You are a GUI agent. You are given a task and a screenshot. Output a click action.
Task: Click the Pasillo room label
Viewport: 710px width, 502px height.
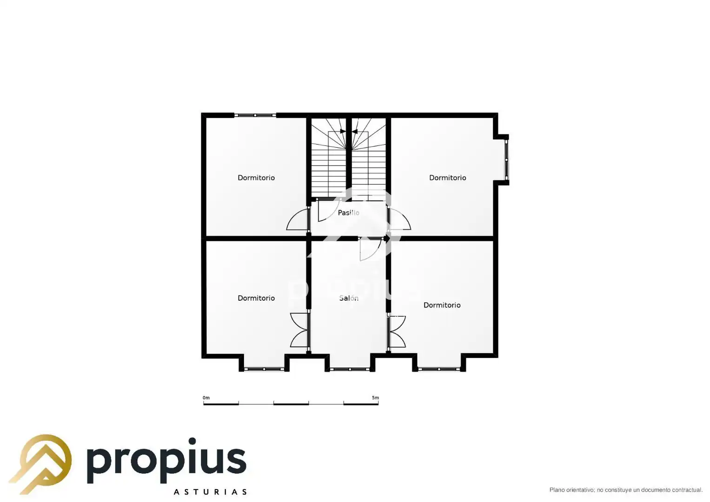point(348,213)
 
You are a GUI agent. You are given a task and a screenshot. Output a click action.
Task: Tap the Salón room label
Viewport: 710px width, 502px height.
point(349,298)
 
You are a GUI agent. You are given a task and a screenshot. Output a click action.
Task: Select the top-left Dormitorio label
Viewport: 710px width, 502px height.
point(256,178)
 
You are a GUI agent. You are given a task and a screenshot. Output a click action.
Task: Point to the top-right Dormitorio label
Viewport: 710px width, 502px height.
point(448,178)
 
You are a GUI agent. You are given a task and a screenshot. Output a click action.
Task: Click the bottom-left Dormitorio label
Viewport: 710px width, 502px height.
point(256,298)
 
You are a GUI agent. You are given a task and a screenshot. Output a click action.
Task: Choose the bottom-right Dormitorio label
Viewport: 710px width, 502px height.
point(442,305)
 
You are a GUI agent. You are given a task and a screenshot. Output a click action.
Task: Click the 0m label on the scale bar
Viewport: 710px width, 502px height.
point(206,398)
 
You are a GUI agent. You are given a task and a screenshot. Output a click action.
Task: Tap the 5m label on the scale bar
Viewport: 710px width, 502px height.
point(375,398)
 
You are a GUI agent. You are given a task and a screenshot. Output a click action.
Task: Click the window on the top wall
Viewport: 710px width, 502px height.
point(255,115)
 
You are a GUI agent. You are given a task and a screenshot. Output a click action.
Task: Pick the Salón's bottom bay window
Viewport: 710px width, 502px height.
point(350,369)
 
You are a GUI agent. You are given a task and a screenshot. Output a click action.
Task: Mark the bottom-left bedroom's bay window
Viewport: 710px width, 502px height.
point(265,369)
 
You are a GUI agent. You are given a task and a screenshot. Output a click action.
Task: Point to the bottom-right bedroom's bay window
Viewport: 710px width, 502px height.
point(439,369)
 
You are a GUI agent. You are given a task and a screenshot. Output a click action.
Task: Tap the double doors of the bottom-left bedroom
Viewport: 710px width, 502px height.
point(299,330)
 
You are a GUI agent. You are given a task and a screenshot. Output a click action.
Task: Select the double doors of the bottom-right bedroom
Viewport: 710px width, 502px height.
point(397,331)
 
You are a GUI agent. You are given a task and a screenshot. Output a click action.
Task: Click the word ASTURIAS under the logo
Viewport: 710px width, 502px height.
point(210,492)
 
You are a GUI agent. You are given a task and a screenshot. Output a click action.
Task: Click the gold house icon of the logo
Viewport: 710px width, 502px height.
point(40,464)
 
